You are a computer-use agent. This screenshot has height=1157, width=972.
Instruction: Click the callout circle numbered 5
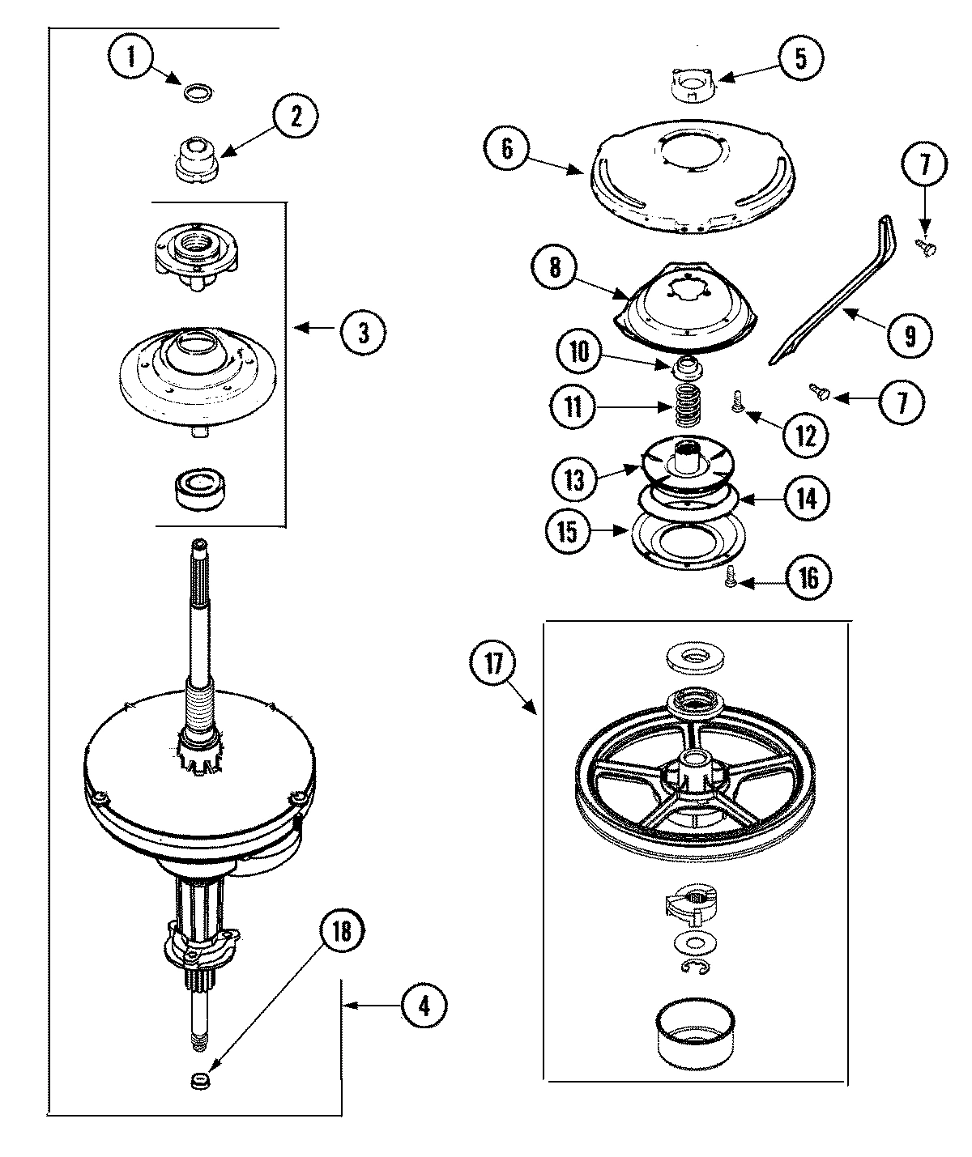(x=800, y=59)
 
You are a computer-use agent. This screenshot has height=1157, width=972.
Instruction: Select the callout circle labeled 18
(x=342, y=932)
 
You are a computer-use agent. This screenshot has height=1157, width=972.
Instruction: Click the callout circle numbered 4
(x=424, y=1006)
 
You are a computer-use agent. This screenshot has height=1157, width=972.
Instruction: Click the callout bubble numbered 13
(x=573, y=479)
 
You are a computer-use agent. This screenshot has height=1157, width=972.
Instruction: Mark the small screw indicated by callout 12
(x=738, y=401)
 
